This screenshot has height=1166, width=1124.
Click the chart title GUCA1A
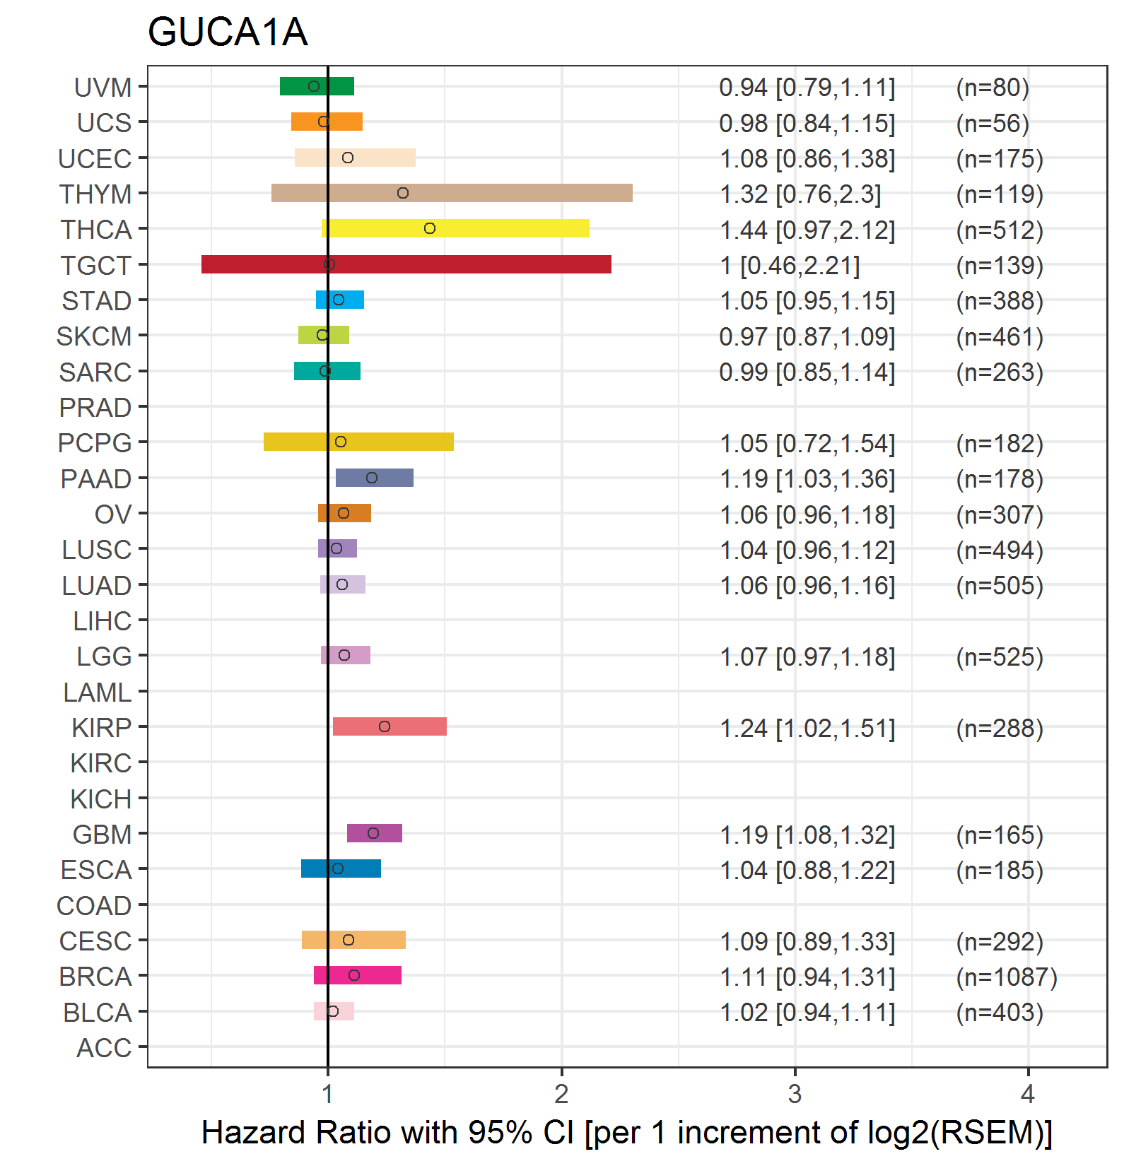pyautogui.click(x=228, y=33)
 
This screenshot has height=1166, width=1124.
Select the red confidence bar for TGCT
pyautogui.click(x=406, y=264)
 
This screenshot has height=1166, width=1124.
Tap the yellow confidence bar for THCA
pyautogui.click(x=455, y=228)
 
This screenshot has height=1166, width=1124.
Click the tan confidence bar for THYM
pyautogui.click(x=452, y=193)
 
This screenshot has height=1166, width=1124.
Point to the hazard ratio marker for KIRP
pyautogui.click(x=385, y=726)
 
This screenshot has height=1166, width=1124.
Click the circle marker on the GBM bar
pyautogui.click(x=373, y=833)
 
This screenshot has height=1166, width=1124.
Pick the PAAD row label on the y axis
pyautogui.click(x=96, y=479)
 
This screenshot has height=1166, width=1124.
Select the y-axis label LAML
pyautogui.click(x=98, y=693)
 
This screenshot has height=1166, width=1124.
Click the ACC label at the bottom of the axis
pyautogui.click(x=104, y=1048)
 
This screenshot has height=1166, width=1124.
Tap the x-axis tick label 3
pyautogui.click(x=795, y=1094)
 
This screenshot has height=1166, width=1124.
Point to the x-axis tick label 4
pyautogui.click(x=1029, y=1094)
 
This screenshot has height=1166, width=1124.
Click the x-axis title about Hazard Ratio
pyautogui.click(x=627, y=1132)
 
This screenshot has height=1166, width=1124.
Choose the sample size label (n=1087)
pyautogui.click(x=1007, y=977)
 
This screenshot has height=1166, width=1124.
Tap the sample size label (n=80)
pyautogui.click(x=993, y=88)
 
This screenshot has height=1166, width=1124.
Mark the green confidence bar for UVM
pyautogui.click(x=317, y=86)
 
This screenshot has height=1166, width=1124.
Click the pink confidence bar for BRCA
pyautogui.click(x=358, y=975)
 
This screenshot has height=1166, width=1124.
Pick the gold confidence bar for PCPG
pyautogui.click(x=358, y=442)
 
